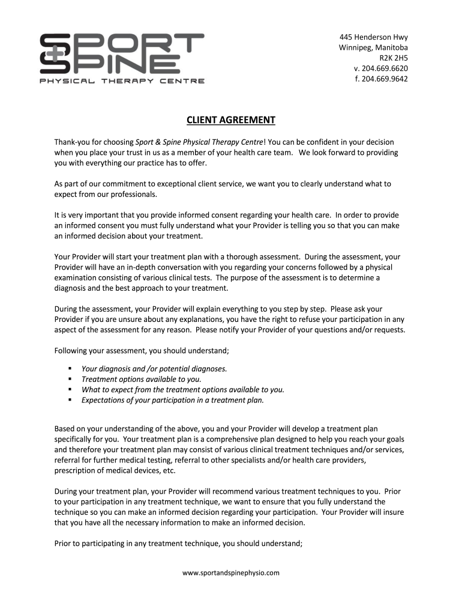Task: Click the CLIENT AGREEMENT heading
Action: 231,120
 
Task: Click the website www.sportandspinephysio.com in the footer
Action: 231,573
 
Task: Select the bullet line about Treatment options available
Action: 142,379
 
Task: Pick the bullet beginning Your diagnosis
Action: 154,369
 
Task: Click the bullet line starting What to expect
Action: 183,389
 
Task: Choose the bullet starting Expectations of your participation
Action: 173,399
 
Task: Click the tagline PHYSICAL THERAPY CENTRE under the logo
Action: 122,81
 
